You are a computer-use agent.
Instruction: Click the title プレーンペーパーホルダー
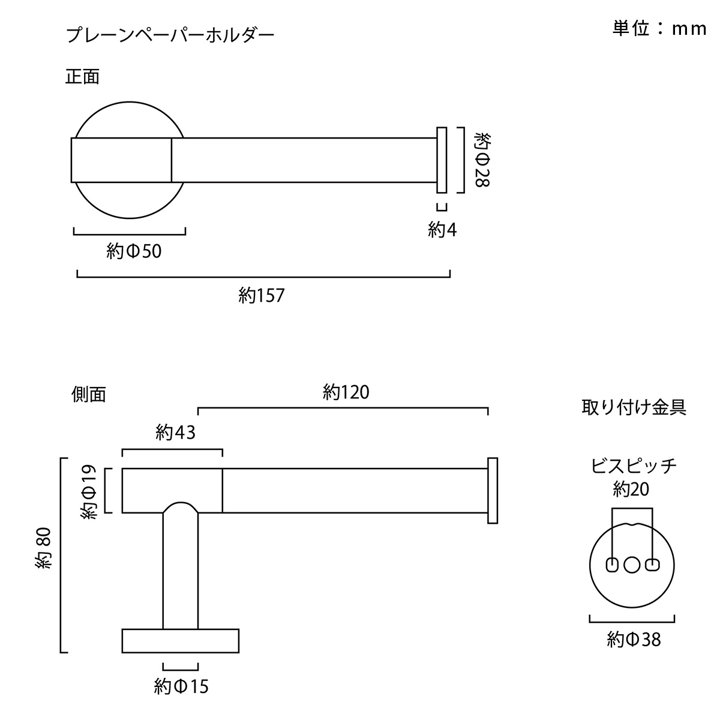coord(170,36)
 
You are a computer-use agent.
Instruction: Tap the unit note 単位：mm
coord(659,28)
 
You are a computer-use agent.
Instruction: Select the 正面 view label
coord(83,77)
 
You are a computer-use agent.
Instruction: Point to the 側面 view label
coord(89,394)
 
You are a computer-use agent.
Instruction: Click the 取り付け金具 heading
coord(634,407)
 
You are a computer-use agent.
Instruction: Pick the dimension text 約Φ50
coord(134,251)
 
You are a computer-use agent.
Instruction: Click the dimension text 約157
coord(262,296)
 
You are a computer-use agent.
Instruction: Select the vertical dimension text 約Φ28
coord(482,160)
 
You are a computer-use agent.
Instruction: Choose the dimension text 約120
coord(346,392)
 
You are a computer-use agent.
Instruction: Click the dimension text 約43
coord(176,433)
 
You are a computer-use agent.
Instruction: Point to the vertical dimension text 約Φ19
coord(89,492)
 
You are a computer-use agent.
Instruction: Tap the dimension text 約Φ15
coord(181,686)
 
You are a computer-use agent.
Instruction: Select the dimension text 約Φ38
coord(634,640)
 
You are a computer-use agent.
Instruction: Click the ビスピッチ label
coord(634,466)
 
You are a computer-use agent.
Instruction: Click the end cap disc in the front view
coord(442,160)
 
